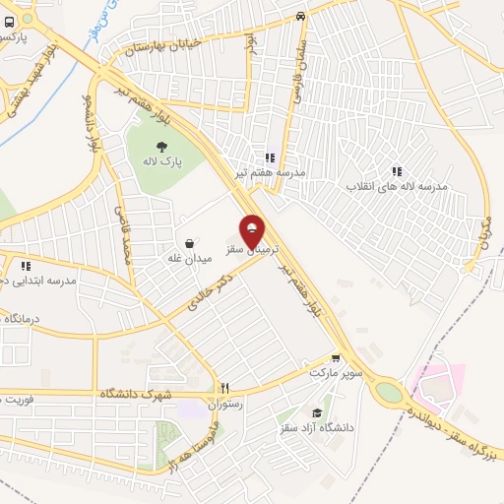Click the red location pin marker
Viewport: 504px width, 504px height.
point(253,232)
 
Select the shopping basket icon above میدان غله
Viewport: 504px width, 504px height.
point(188,242)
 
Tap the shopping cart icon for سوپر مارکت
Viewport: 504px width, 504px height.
point(337,359)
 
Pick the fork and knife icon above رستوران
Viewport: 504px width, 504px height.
point(224,389)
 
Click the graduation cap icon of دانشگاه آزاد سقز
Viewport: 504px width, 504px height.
point(316,412)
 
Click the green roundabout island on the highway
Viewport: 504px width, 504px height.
point(390,392)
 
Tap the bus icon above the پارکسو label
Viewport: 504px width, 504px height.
point(9,21)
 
